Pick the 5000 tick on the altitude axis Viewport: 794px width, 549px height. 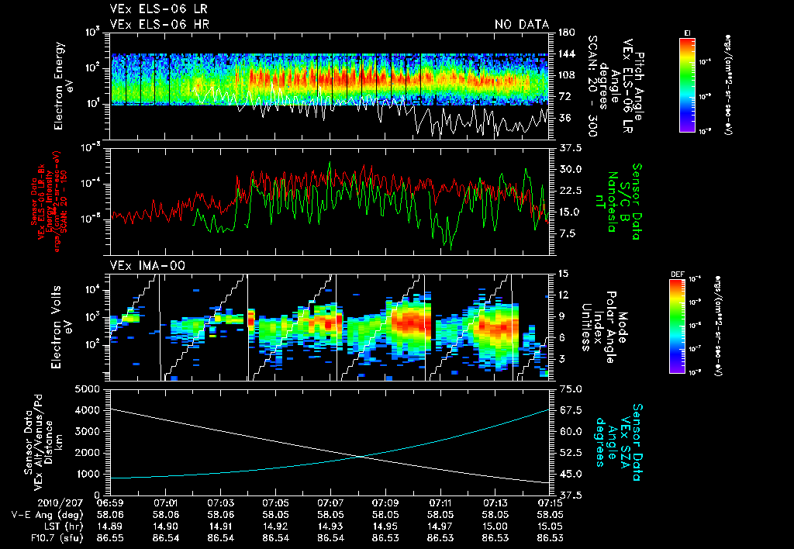[x=89, y=388]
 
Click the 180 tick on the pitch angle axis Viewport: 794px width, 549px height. [x=564, y=33]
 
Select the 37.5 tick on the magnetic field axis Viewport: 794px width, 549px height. [x=571, y=147]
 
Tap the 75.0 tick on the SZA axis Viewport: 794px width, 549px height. [x=571, y=388]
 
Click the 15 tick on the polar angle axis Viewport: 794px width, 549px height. [x=562, y=273]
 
